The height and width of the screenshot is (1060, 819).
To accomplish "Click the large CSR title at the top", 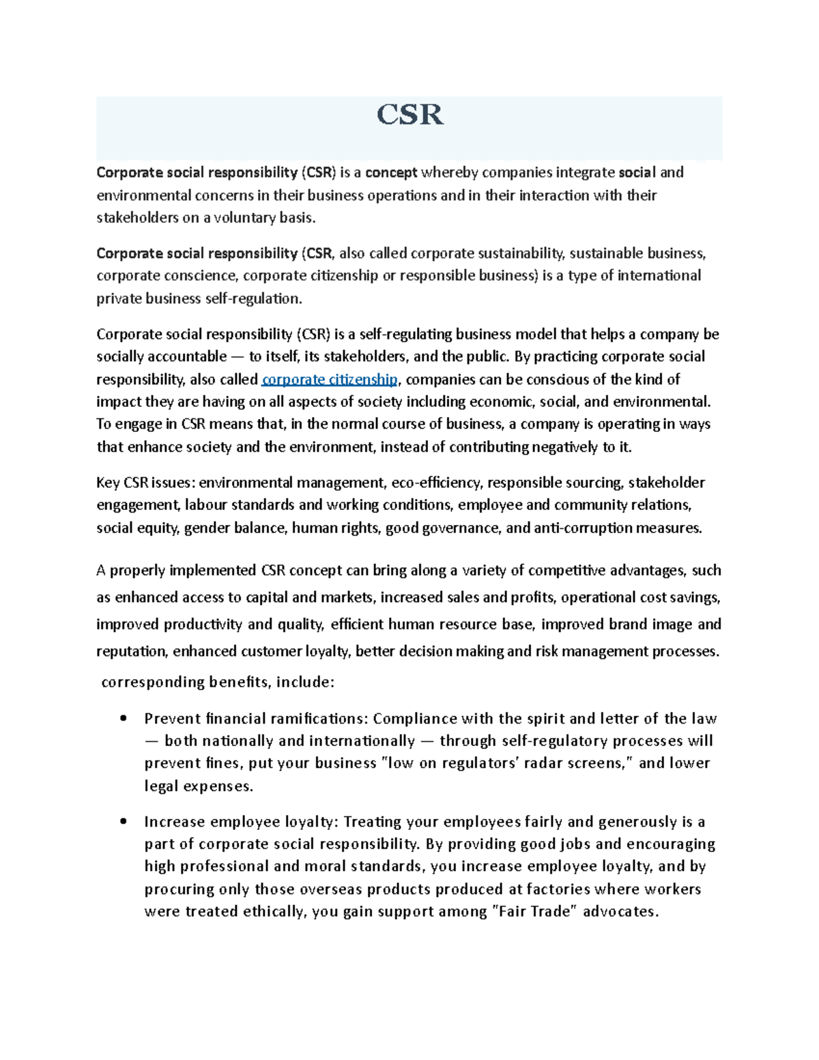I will point(409,115).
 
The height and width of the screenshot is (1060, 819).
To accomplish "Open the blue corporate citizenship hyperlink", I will point(330,379).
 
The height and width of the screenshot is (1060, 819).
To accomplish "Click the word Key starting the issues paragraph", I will point(108,483).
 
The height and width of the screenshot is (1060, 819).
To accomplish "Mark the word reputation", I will point(131,652).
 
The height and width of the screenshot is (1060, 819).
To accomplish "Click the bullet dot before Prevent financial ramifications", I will point(123,719).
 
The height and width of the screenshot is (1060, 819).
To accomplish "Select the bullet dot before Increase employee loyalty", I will point(123,822).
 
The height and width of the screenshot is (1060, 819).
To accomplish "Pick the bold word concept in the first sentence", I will point(391,173).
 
